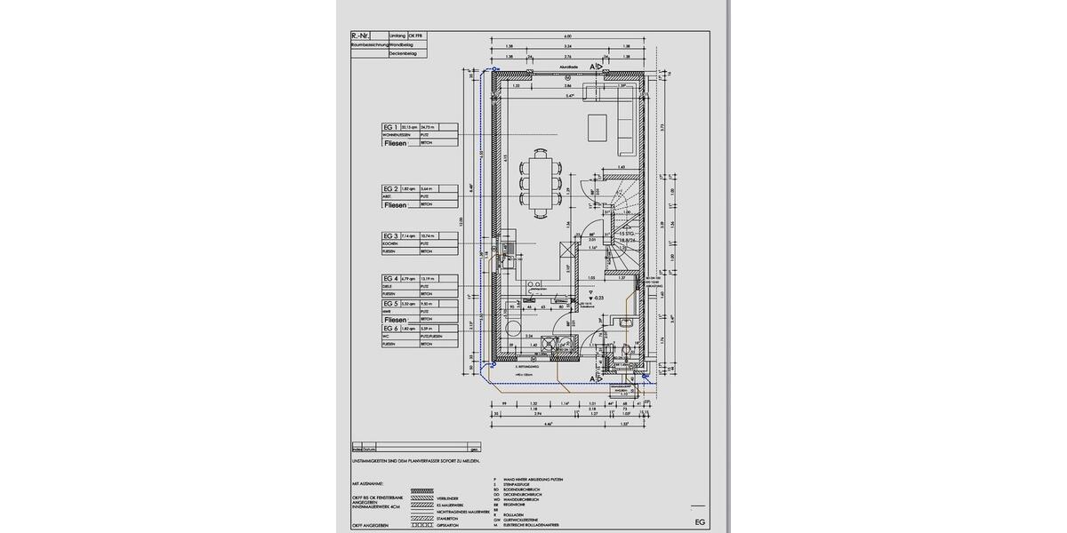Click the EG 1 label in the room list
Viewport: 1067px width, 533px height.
[390, 128]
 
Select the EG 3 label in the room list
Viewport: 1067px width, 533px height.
[390, 235]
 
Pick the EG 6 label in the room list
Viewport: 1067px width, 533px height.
[390, 329]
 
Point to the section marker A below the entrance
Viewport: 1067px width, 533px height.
[590, 378]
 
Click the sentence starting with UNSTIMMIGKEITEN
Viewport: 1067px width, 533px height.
[417, 462]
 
